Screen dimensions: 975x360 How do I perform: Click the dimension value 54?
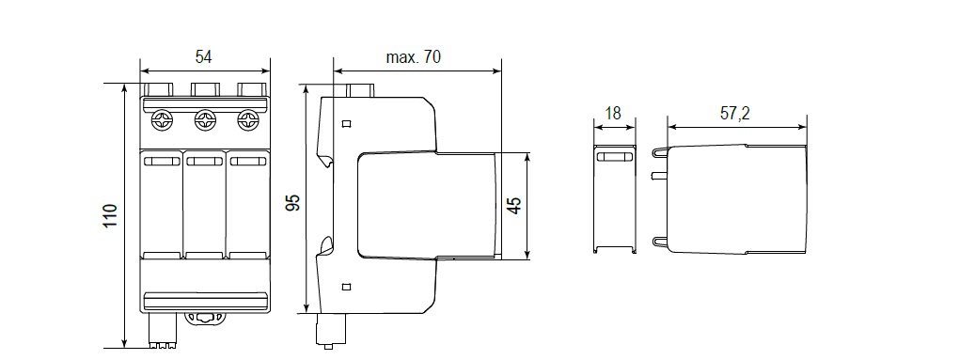point(203,57)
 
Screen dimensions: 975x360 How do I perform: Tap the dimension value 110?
point(110,215)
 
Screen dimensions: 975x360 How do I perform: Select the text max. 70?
point(413,57)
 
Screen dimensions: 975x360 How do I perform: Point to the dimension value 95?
point(292,203)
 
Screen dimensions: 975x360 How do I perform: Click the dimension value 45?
point(513,206)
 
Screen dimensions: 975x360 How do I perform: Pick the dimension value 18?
point(613,113)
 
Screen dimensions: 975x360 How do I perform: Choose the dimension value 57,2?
point(735,113)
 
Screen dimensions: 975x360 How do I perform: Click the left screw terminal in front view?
point(163,120)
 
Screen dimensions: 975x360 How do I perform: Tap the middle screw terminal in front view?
point(205,120)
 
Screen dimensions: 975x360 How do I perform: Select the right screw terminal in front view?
point(247,120)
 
